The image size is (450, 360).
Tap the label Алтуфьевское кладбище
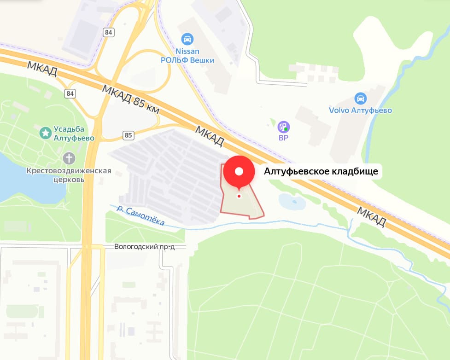(321, 172)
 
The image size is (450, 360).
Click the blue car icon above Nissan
(187, 39)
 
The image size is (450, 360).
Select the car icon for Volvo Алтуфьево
(361, 98)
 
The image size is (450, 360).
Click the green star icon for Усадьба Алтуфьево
(45, 134)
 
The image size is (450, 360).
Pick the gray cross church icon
(69, 158)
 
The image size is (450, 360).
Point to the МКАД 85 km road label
(131, 99)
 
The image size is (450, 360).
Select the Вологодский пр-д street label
(150, 247)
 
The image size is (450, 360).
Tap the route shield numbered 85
(129, 135)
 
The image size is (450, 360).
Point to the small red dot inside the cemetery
(239, 196)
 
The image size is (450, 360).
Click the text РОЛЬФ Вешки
(187, 60)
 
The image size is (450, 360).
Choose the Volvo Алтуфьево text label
(360, 110)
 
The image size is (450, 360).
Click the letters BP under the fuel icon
(283, 137)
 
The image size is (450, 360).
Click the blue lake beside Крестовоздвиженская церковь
(23, 182)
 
